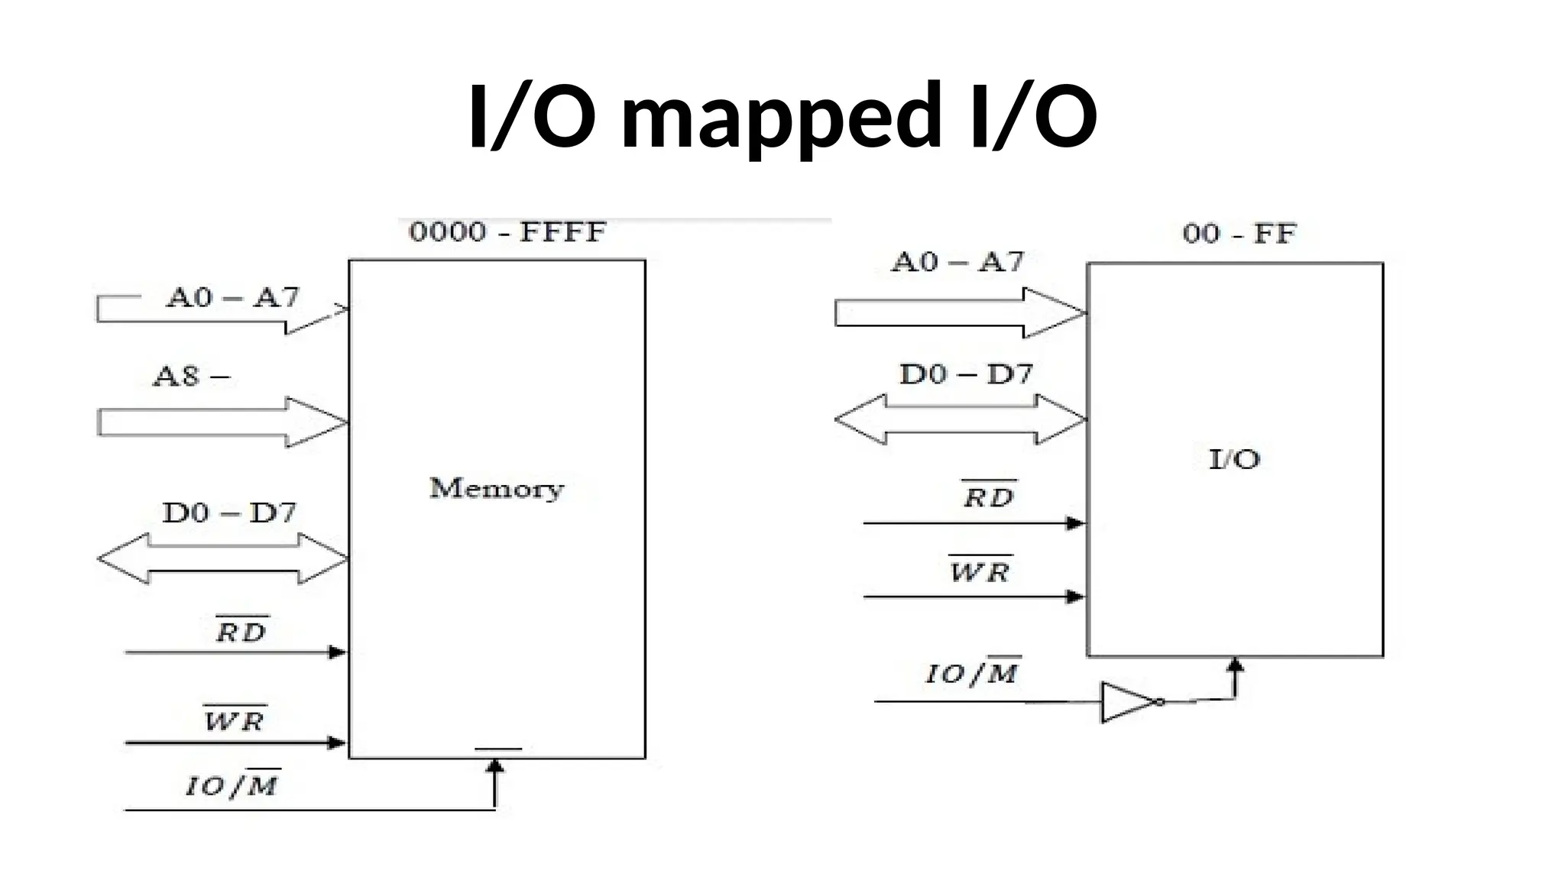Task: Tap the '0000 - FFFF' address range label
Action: coord(507,232)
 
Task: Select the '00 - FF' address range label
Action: coord(1239,234)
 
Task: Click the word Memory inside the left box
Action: coord(496,488)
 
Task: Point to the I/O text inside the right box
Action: coord(1234,459)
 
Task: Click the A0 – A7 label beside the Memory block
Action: coord(233,297)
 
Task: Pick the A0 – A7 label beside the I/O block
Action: coord(957,263)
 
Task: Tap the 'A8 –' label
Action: coord(191,377)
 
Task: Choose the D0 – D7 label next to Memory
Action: coord(228,513)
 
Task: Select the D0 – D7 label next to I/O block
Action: coord(966,374)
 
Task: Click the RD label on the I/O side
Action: coord(988,497)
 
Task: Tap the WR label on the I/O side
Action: coord(980,571)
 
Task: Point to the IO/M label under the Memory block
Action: coord(233,785)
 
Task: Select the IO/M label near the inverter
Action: coord(973,673)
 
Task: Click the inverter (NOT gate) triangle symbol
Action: coord(1128,702)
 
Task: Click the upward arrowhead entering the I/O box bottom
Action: coord(1235,666)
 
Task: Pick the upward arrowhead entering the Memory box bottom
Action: coord(495,766)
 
